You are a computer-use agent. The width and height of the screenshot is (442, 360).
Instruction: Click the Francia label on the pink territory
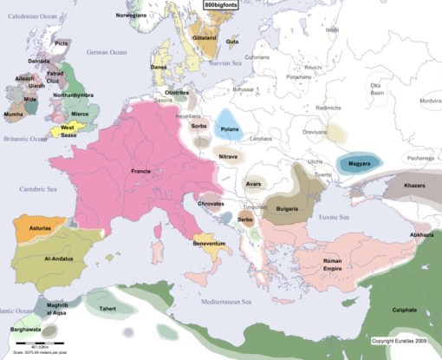(141, 170)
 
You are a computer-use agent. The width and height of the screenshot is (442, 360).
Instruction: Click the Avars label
(253, 184)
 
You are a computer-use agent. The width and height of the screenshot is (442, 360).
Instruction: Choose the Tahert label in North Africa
(108, 308)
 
